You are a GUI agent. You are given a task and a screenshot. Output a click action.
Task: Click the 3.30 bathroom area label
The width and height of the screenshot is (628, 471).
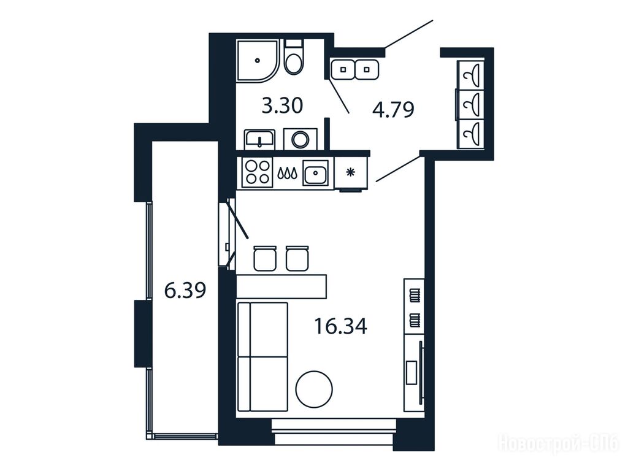click(x=282, y=106)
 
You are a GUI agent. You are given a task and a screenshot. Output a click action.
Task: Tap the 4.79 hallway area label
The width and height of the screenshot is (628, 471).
click(x=393, y=110)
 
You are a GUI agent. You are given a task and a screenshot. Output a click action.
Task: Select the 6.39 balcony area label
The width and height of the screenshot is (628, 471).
click(x=185, y=290)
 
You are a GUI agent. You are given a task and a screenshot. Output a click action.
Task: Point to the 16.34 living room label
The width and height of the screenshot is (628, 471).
click(x=340, y=326)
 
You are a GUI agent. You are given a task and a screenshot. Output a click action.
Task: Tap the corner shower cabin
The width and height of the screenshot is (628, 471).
click(x=257, y=61)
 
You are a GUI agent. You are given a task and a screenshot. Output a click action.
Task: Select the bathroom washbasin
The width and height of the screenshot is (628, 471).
click(x=259, y=139)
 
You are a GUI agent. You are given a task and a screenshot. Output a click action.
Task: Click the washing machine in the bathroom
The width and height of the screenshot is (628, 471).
click(x=301, y=139)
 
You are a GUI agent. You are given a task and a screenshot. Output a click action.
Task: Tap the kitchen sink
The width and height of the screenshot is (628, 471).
click(x=315, y=172)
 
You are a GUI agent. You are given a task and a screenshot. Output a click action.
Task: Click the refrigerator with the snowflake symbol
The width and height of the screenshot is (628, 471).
click(x=351, y=173)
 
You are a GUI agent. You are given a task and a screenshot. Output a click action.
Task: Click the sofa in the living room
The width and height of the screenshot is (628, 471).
click(x=262, y=357)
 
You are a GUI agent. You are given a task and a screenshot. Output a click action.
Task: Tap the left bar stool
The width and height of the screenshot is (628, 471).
click(x=265, y=258)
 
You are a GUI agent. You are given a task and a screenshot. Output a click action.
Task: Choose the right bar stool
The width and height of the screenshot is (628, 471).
click(x=297, y=258)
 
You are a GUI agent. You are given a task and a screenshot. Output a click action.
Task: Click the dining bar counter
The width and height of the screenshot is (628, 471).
click(x=281, y=286)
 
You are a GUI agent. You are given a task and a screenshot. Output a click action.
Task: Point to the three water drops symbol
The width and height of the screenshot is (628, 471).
click(x=288, y=172)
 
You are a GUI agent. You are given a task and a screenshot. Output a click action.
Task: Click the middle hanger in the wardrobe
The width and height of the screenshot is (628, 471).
click(x=470, y=104)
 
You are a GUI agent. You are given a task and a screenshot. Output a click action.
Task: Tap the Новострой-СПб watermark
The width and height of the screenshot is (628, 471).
click(x=558, y=443)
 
